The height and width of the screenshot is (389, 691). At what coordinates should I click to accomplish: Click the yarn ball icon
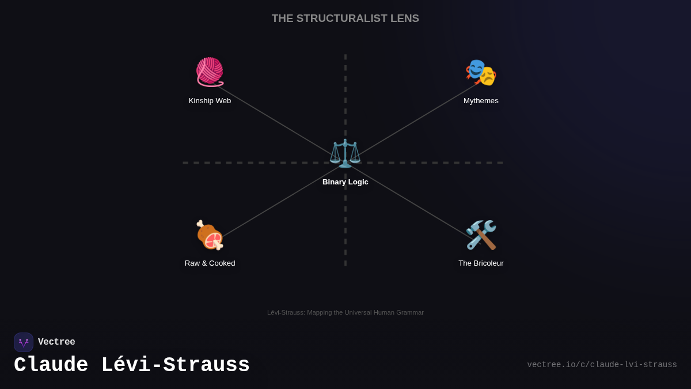point(210,72)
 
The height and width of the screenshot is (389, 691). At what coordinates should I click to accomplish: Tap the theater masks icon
point(481,73)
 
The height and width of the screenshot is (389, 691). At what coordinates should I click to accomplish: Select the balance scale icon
point(345,153)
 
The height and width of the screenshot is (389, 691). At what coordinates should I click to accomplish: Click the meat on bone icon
point(210,235)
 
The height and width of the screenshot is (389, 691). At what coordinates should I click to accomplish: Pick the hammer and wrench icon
point(481,235)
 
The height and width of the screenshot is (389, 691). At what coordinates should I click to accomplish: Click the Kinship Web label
point(210,101)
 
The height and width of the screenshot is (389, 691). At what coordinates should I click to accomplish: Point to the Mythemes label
point(481,101)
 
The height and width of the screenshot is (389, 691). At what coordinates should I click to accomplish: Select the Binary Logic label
point(345,182)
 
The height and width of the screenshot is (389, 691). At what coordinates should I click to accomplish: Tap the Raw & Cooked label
point(210,263)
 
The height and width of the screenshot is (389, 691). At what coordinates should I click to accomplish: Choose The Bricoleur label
point(481,263)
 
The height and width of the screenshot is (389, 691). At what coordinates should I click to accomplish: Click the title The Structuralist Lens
point(345,18)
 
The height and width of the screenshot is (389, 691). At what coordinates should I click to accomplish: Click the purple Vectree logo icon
point(24,342)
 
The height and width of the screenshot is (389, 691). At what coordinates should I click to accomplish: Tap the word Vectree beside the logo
point(56,342)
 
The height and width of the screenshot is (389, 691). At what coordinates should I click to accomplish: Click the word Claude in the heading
point(51,365)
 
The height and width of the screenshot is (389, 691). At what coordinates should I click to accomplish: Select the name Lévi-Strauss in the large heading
point(175,365)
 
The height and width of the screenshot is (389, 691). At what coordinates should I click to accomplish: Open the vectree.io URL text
point(602,365)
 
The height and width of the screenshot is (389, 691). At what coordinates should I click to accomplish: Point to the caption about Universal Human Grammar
point(345,312)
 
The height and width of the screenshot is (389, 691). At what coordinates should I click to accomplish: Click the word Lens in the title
point(405,18)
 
